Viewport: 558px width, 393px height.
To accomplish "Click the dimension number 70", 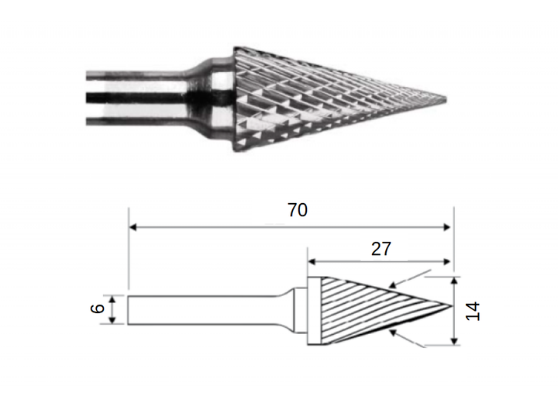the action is click(298, 210).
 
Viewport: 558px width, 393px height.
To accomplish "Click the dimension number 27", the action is click(381, 249).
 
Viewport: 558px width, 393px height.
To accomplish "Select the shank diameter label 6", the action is click(98, 309).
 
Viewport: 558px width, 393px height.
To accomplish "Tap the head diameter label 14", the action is click(473, 311).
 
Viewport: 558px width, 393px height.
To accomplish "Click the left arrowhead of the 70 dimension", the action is click(133, 227).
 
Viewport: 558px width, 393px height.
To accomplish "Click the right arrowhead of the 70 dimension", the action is click(447, 227).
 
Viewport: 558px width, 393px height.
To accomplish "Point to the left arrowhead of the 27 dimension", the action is click(312, 262).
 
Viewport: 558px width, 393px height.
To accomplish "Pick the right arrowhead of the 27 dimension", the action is click(447, 262).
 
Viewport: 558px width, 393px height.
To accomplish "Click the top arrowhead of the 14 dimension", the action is click(454, 281).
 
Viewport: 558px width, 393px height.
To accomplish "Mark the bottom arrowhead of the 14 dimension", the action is click(454, 341).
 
